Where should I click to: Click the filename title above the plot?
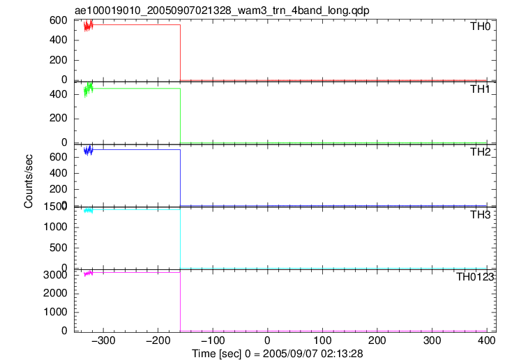[x=222, y=10]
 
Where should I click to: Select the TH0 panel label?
[x=480, y=26]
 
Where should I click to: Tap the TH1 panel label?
[x=480, y=89]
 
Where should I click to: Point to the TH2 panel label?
[x=480, y=151]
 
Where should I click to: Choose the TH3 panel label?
[x=480, y=214]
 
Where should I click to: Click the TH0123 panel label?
[x=475, y=276]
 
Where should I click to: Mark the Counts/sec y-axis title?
[x=29, y=181]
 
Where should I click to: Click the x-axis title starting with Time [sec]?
[x=278, y=354]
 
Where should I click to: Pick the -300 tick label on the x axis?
[x=103, y=340]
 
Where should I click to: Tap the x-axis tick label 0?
[x=267, y=340]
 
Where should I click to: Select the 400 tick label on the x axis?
[x=487, y=340]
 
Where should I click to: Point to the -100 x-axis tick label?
[x=213, y=340]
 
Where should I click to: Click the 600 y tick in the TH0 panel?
[x=59, y=20]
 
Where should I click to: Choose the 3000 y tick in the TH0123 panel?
[x=55, y=275]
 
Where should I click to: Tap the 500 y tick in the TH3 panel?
[x=59, y=248]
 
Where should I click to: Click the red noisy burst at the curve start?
[x=88, y=25]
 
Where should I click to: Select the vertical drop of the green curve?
[x=181, y=116]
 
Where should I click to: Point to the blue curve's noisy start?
[x=88, y=151]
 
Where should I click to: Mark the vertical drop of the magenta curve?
[x=181, y=301]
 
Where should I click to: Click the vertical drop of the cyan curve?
[x=181, y=239]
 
